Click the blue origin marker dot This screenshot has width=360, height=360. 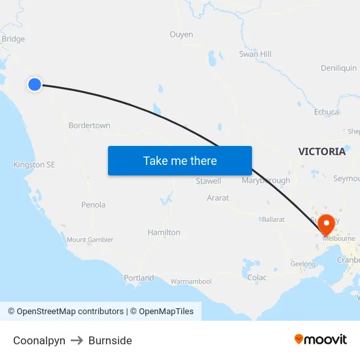pyautogui.click(x=35, y=84)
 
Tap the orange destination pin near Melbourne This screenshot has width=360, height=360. pyautogui.click(x=325, y=225)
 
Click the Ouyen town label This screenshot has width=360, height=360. pyautogui.click(x=181, y=34)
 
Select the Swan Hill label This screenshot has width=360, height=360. pyautogui.click(x=255, y=54)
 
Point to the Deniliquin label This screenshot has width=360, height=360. pyautogui.click(x=338, y=68)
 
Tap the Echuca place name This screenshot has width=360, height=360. pyautogui.click(x=327, y=112)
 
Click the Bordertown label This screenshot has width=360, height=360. pyautogui.click(x=89, y=125)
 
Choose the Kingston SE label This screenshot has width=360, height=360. pyautogui.click(x=34, y=165)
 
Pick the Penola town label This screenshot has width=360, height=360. pyautogui.click(x=93, y=205)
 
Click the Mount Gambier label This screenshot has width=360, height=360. pyautogui.click(x=90, y=240)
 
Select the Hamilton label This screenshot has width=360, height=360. pyautogui.click(x=164, y=232)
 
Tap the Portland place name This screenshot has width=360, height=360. pyautogui.click(x=139, y=278)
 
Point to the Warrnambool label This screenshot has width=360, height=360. pyautogui.click(x=191, y=281)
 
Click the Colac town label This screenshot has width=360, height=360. pyautogui.click(x=257, y=278)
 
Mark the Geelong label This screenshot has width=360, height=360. pyautogui.click(x=303, y=264)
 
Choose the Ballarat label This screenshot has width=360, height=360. pyautogui.click(x=273, y=219)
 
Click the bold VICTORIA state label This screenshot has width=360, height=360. pyautogui.click(x=322, y=151)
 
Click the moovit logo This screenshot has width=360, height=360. pyautogui.click(x=321, y=340)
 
